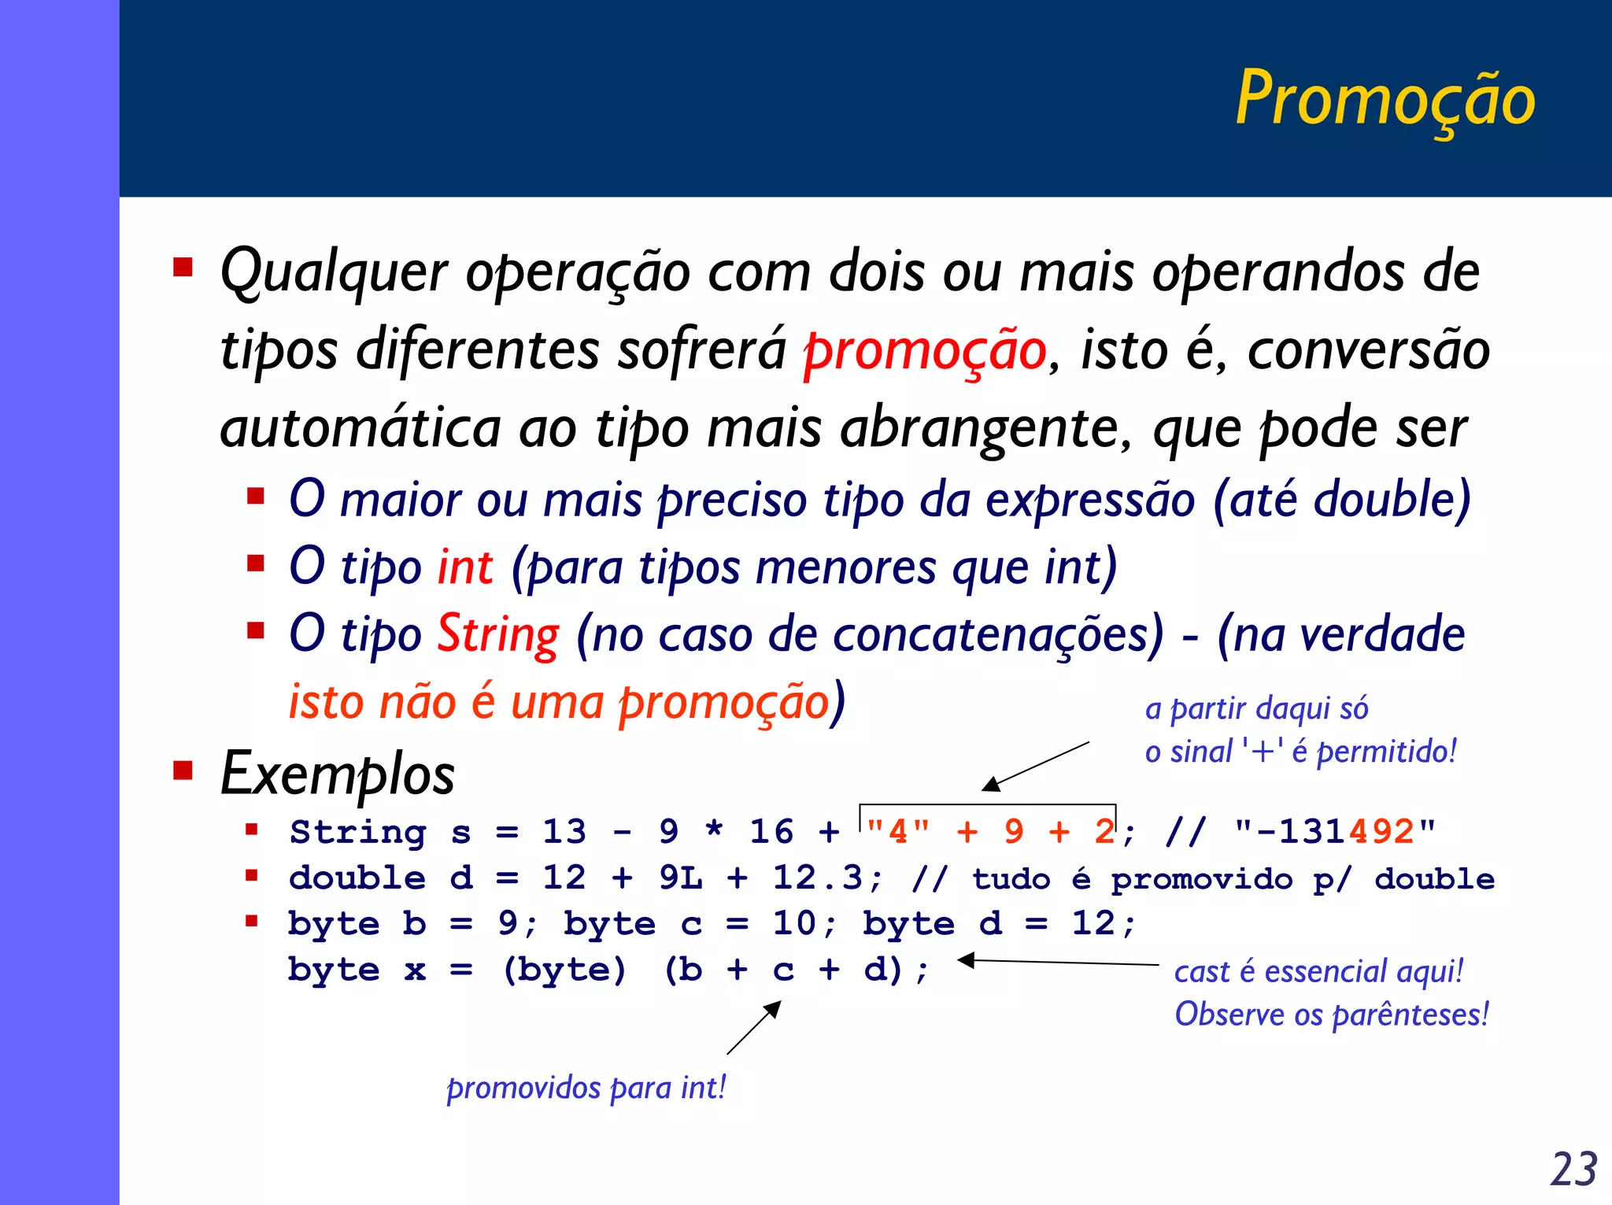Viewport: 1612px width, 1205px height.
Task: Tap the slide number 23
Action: click(x=1573, y=1169)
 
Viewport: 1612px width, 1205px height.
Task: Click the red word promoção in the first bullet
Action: click(x=925, y=351)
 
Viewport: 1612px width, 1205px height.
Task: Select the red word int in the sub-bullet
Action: click(x=465, y=567)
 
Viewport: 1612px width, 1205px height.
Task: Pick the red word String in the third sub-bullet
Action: click(x=498, y=634)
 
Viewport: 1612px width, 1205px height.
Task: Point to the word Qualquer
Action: click(x=335, y=272)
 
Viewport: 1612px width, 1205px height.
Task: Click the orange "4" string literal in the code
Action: click(x=898, y=832)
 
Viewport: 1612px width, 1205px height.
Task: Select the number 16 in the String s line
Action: click(x=771, y=832)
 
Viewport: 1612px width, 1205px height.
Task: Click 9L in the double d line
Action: click(x=681, y=878)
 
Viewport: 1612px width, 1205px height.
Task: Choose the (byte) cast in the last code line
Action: click(x=565, y=970)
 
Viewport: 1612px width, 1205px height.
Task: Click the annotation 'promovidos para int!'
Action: click(x=586, y=1088)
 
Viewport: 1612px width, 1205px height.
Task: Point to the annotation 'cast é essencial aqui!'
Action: click(x=1318, y=971)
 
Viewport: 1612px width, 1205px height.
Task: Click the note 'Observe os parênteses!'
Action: click(x=1332, y=1015)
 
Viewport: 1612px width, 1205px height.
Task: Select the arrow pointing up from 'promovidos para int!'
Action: click(x=754, y=1027)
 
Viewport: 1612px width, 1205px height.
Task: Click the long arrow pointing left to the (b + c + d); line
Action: click(x=1059, y=962)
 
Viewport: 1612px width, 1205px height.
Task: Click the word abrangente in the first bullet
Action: click(x=986, y=429)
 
